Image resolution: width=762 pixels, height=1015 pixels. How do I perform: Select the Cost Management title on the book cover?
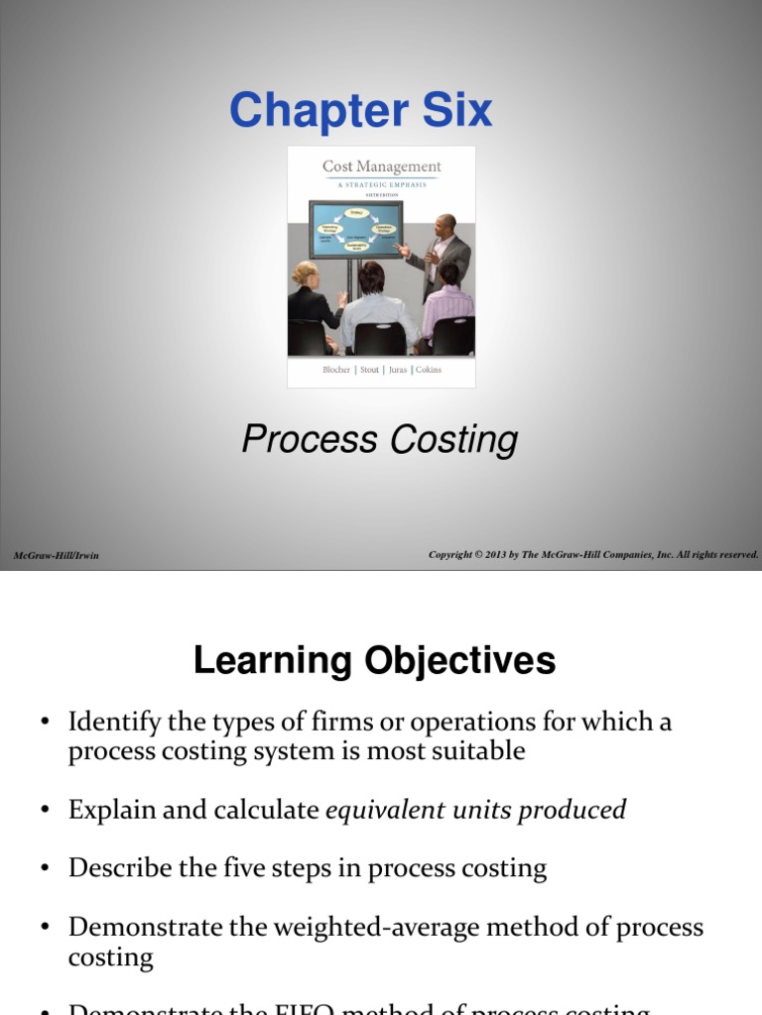pyautogui.click(x=381, y=167)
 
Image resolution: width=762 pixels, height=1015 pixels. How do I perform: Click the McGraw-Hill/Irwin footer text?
pyautogui.click(x=57, y=555)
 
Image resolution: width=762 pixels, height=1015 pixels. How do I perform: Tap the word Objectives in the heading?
pyautogui.click(x=458, y=661)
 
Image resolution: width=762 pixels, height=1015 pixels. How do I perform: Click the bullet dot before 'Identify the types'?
pyautogui.click(x=45, y=723)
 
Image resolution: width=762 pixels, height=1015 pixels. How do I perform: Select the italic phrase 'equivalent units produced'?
pyautogui.click(x=476, y=810)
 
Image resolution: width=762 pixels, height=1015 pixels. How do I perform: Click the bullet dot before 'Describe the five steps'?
pyautogui.click(x=45, y=869)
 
